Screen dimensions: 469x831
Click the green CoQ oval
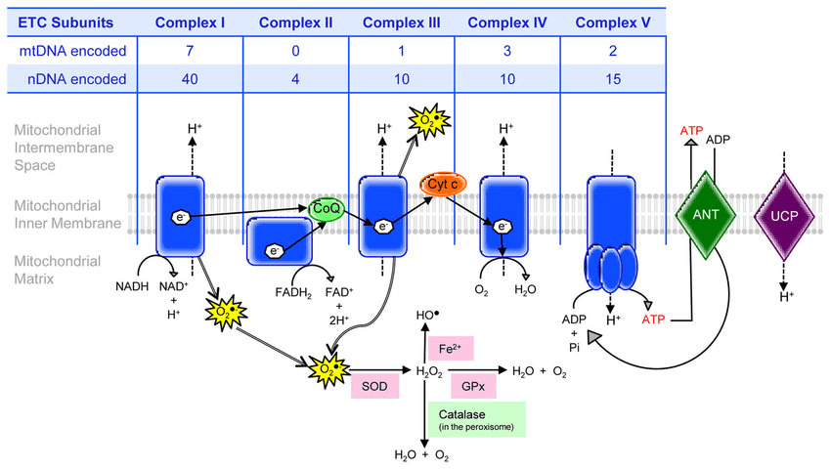click(327, 208)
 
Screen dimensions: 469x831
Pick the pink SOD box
click(374, 386)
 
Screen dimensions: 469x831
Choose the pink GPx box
click(474, 386)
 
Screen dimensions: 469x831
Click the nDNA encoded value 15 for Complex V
click(614, 79)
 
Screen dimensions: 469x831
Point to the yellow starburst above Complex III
click(427, 120)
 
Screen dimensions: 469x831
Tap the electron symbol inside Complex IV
click(501, 227)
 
